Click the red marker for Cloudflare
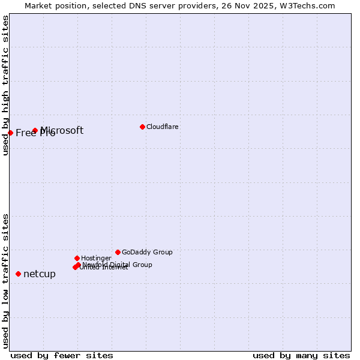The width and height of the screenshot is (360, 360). (x=142, y=127)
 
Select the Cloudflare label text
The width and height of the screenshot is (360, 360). (x=163, y=127)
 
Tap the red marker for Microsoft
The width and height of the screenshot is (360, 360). (x=35, y=130)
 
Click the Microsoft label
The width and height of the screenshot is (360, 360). (x=62, y=130)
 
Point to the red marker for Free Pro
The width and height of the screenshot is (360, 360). (x=11, y=133)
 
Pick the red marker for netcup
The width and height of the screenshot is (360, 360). (x=18, y=274)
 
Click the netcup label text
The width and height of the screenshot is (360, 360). (x=40, y=274)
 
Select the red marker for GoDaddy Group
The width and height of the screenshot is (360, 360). (x=118, y=252)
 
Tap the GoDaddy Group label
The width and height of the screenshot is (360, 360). (x=147, y=253)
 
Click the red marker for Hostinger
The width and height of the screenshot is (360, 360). (x=77, y=258)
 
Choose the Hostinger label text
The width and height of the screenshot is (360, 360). (x=96, y=259)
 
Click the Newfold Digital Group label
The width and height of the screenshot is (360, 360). (x=118, y=265)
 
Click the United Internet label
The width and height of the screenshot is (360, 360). (x=104, y=268)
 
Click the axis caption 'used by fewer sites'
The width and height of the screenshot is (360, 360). (x=62, y=355)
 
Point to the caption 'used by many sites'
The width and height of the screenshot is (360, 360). (x=301, y=355)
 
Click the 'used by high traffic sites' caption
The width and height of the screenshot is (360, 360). (x=6, y=85)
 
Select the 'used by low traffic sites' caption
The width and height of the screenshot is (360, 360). (x=6, y=281)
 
